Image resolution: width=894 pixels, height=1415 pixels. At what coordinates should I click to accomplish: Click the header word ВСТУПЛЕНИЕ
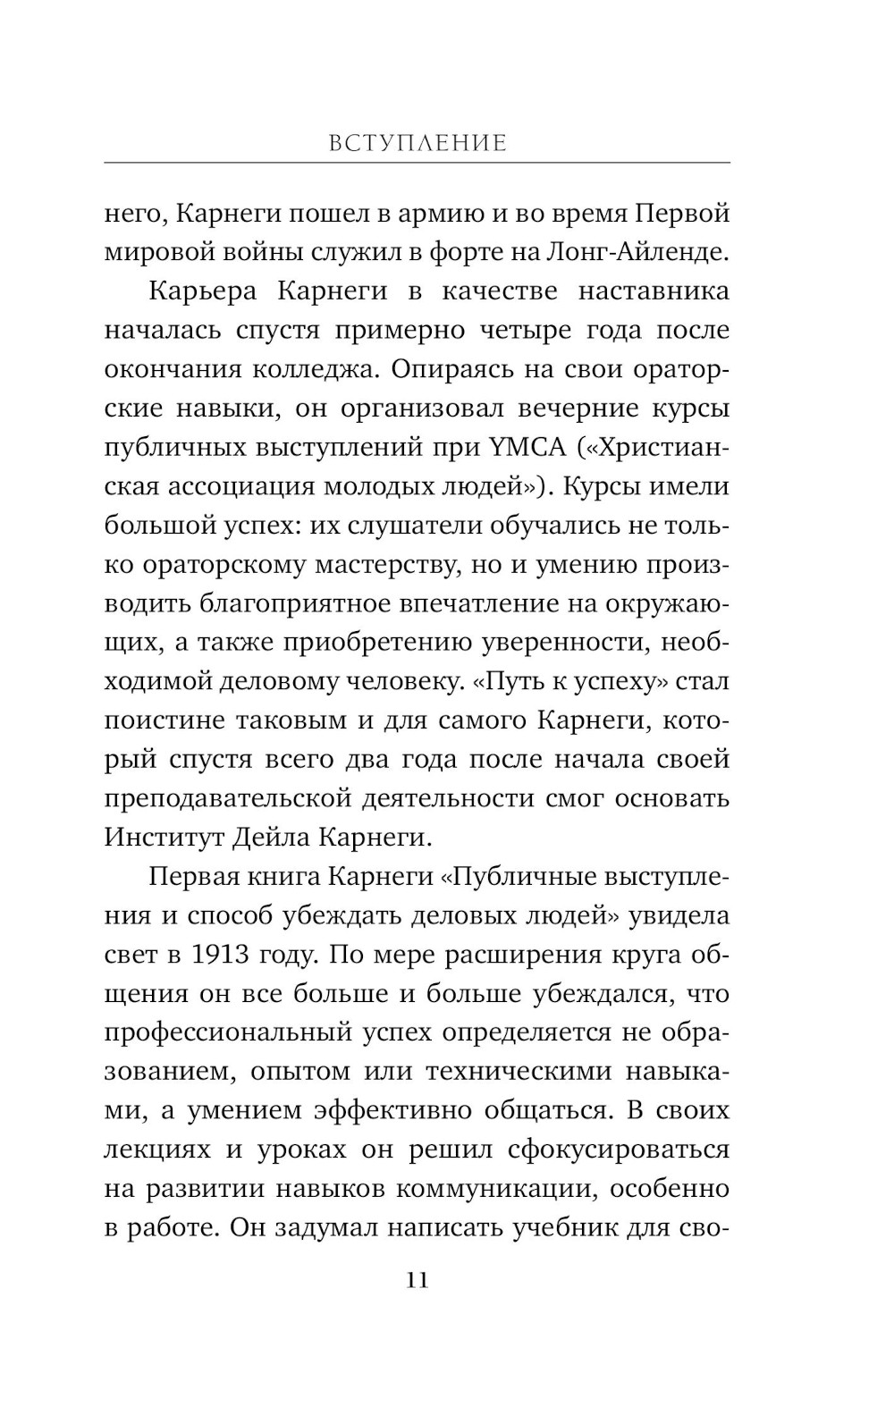(x=417, y=143)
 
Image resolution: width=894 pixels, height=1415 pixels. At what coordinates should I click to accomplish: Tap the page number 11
(x=417, y=1281)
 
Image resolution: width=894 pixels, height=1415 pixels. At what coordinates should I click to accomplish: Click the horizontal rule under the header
(x=417, y=163)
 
